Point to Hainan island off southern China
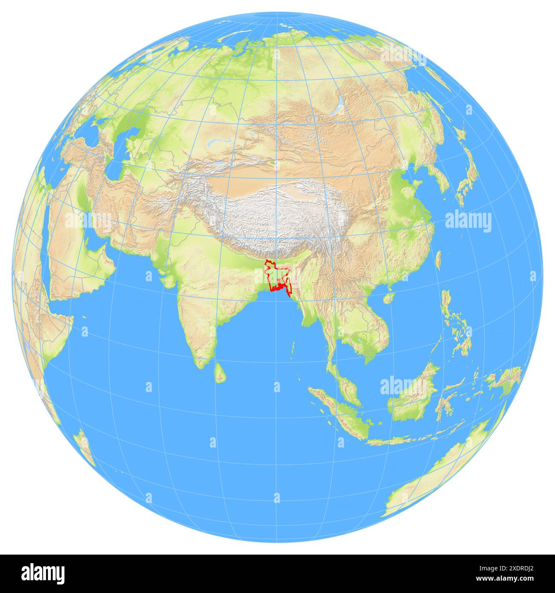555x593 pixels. coord(388,297)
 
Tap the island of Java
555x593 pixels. coord(410,439)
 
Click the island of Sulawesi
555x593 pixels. coord(444,405)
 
